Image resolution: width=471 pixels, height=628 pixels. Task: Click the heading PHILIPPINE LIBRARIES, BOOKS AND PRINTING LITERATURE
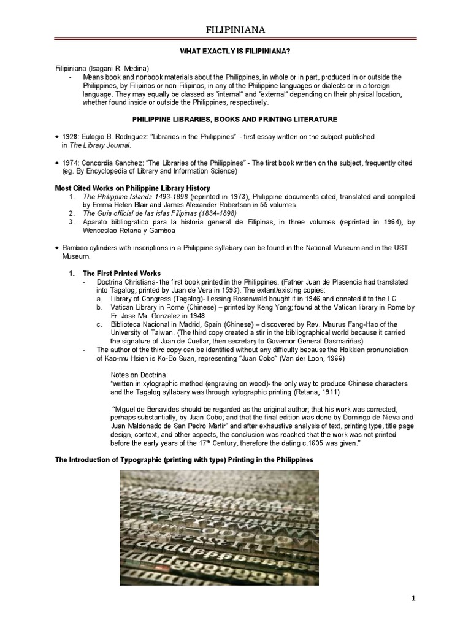[235, 117]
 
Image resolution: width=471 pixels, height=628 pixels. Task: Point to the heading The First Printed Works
[121, 272]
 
